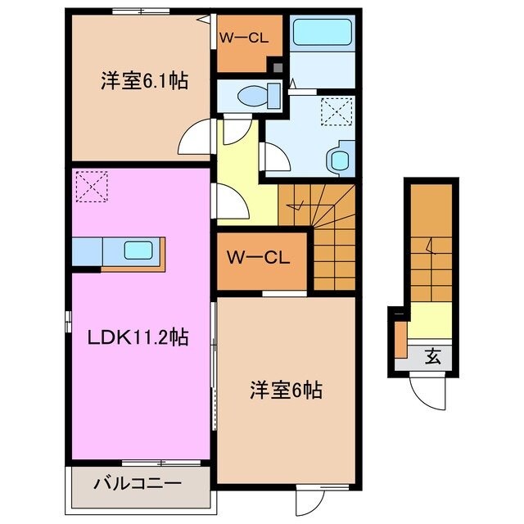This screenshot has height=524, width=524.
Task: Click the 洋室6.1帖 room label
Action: pos(145,81)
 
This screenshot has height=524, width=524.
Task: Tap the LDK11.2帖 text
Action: pos(138,337)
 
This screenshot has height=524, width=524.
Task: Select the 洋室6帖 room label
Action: pos(285,391)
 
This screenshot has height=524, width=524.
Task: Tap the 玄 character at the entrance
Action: pos(431,356)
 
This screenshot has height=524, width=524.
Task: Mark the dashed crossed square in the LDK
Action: pos(91,187)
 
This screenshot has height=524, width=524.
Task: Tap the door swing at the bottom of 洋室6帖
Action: pos(312,499)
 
